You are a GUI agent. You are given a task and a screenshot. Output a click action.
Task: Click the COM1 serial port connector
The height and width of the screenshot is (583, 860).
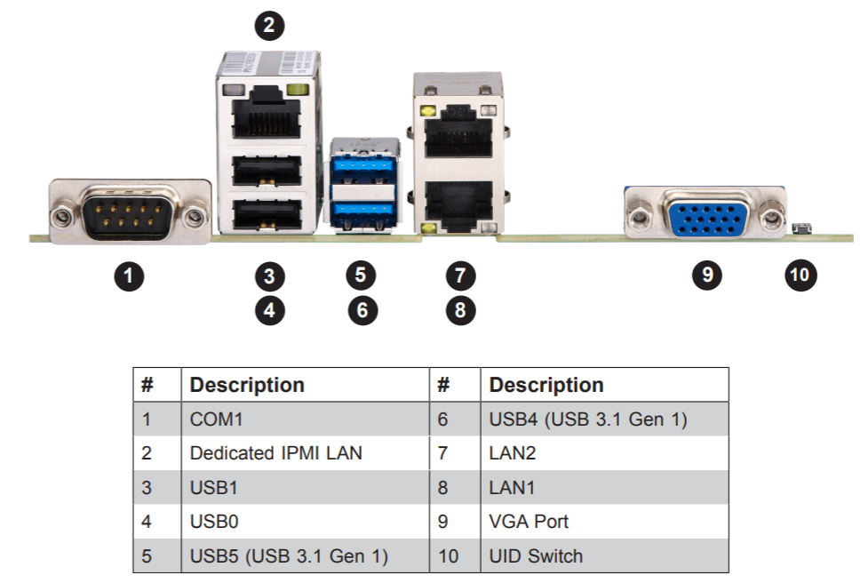(x=130, y=212)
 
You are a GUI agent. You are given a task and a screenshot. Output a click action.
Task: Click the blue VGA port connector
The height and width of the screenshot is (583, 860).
(x=705, y=214)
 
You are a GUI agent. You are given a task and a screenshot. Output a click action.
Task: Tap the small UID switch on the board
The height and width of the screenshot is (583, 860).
(x=799, y=230)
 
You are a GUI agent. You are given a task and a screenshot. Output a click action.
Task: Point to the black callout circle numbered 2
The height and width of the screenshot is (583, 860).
(x=270, y=25)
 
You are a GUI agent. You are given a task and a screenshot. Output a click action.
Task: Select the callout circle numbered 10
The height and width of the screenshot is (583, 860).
(x=800, y=275)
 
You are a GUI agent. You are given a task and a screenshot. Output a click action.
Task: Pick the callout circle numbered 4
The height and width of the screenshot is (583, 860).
(x=270, y=311)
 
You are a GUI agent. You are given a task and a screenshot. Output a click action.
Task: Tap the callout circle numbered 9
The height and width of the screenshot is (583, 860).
(x=706, y=275)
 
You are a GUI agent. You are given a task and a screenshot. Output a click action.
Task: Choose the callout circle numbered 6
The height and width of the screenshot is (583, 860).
(x=362, y=311)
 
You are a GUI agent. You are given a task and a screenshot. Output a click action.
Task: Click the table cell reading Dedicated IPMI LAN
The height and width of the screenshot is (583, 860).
(x=276, y=453)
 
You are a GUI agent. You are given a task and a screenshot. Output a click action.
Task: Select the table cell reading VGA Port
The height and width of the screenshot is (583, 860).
(x=530, y=522)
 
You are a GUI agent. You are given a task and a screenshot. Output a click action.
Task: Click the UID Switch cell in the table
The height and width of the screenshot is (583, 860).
(x=536, y=556)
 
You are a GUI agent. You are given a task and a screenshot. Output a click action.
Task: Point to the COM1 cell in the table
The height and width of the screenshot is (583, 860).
(x=216, y=419)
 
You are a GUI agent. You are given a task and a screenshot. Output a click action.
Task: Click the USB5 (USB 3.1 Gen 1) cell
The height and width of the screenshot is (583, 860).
(x=289, y=556)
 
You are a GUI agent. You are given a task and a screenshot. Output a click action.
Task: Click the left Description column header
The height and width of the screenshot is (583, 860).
(x=247, y=385)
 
